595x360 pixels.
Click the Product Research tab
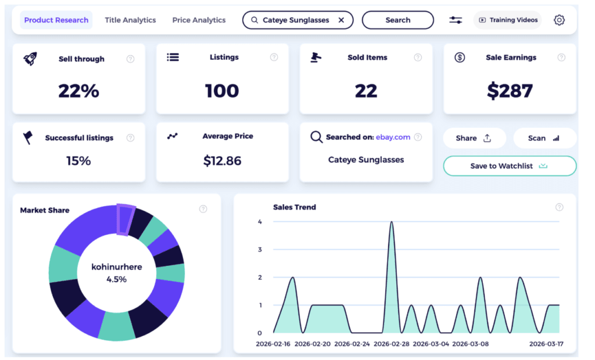coord(56,20)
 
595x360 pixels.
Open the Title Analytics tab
coord(130,20)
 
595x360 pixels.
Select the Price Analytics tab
coord(199,20)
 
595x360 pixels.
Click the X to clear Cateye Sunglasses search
coord(341,20)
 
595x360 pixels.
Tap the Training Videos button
coord(508,20)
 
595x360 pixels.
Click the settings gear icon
coord(559,20)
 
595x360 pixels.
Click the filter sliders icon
coord(456,20)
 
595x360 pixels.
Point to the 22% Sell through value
coord(78,91)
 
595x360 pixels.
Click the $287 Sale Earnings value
coord(510,91)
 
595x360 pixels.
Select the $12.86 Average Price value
coord(222,161)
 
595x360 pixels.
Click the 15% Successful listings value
coord(78,161)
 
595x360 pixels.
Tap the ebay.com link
coord(393,137)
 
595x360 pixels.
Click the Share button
coord(474,138)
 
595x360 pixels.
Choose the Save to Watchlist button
coord(509,166)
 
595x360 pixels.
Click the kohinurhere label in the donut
coord(116,267)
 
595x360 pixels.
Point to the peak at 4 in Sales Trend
coord(391,222)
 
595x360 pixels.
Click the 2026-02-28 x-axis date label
coord(391,344)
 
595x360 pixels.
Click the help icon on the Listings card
coord(274,57)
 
